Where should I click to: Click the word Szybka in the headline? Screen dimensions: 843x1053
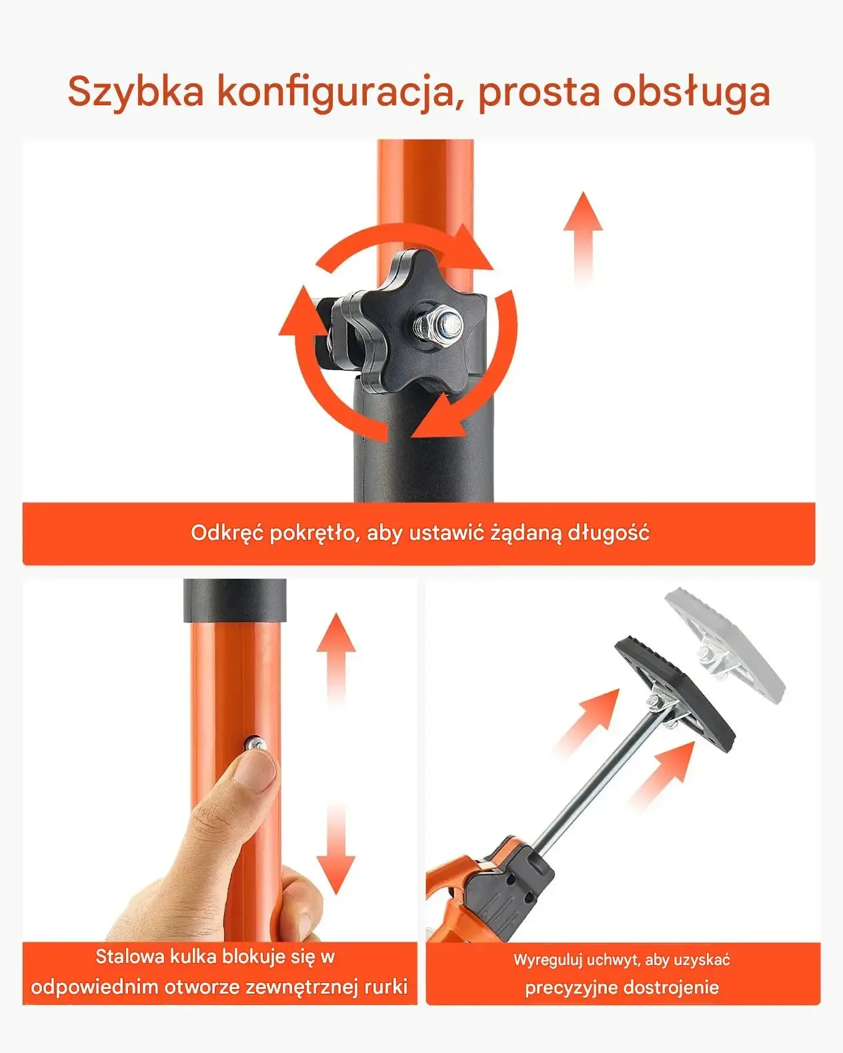tap(135, 93)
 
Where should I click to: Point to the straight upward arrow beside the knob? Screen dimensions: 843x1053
tap(583, 239)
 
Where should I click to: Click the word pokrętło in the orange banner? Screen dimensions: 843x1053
tap(311, 533)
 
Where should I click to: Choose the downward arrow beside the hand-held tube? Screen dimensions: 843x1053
tap(336, 848)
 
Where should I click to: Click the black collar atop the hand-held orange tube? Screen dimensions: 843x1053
tap(235, 601)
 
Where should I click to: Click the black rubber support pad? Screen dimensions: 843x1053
tap(675, 696)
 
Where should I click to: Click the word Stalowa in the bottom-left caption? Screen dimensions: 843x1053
tap(131, 956)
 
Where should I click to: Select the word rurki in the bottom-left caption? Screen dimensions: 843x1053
tap(386, 987)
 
